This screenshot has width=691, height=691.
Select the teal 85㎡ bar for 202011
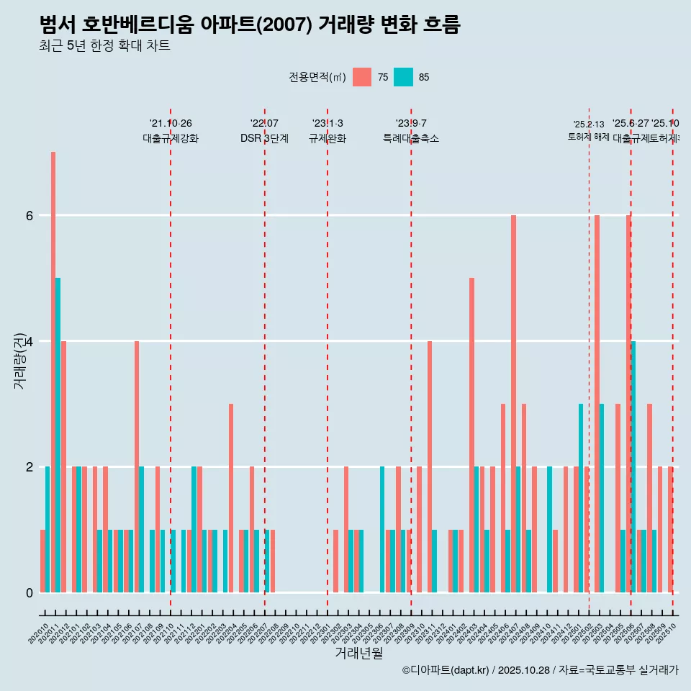(58, 435)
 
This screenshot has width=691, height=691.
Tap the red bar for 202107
(137, 466)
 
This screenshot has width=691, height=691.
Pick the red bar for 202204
(231, 498)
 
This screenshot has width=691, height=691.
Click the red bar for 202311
(430, 466)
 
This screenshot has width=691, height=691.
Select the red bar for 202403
(471, 435)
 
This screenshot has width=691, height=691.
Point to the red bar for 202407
(513, 403)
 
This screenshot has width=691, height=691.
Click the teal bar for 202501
(581, 498)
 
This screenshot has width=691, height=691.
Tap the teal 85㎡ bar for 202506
(633, 466)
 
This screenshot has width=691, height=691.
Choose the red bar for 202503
(597, 403)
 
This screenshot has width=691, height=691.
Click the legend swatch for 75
(362, 77)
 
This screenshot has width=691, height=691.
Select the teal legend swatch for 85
(404, 77)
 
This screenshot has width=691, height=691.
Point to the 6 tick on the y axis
(30, 215)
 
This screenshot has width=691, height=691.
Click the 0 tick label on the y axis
(30, 592)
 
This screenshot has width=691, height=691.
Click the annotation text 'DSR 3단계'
(265, 138)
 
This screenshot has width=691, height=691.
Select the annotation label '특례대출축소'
(411, 138)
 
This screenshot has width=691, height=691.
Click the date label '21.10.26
(171, 123)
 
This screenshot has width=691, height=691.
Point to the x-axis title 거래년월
(358, 653)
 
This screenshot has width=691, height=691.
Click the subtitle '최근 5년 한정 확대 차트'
(105, 46)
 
